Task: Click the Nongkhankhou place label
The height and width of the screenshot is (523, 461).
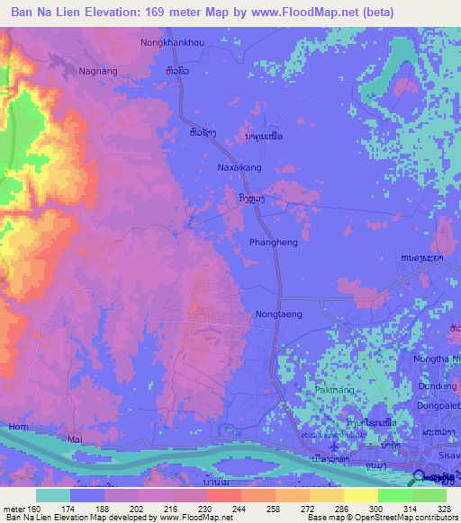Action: (172, 42)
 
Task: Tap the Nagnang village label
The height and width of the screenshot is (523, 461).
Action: (98, 70)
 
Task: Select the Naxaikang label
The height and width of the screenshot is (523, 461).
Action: (239, 167)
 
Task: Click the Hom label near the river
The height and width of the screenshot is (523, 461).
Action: (17, 426)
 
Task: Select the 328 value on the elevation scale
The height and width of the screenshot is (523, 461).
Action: (431, 509)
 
